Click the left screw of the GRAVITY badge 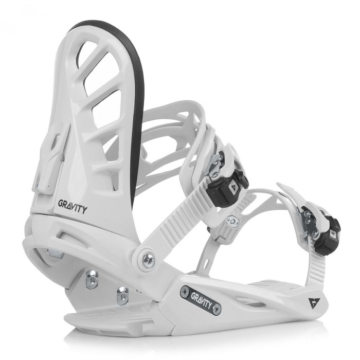(185, 292)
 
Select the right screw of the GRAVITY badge (216, 309)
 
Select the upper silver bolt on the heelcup (92, 279)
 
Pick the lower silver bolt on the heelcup (122, 296)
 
